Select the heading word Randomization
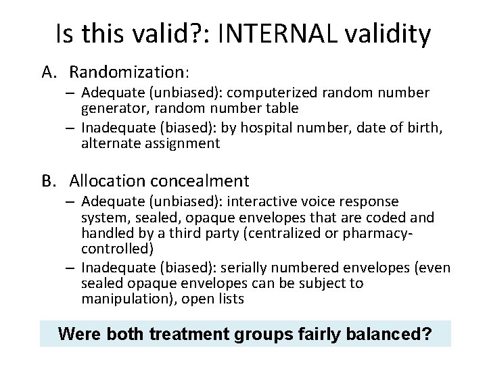[128, 71]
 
